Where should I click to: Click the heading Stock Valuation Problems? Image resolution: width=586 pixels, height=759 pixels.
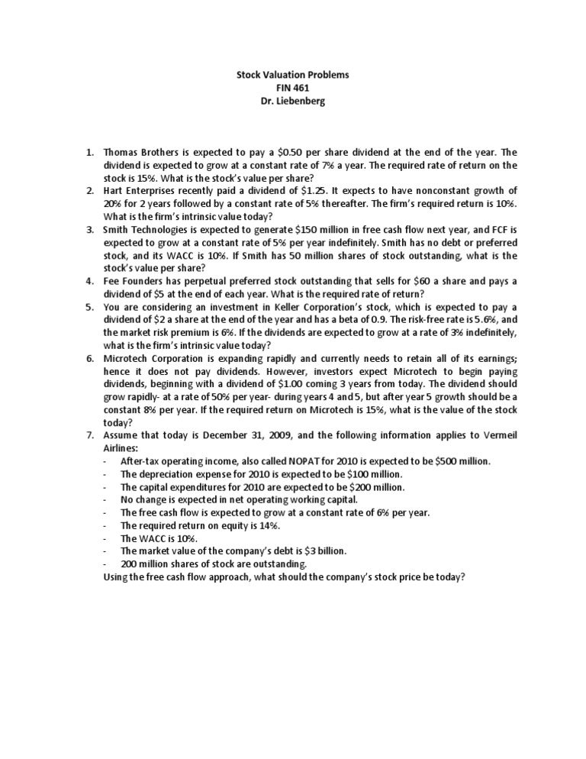292,76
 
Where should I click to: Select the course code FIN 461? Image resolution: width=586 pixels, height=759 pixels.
292,89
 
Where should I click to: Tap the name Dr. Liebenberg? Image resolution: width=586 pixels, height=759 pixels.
292,102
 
